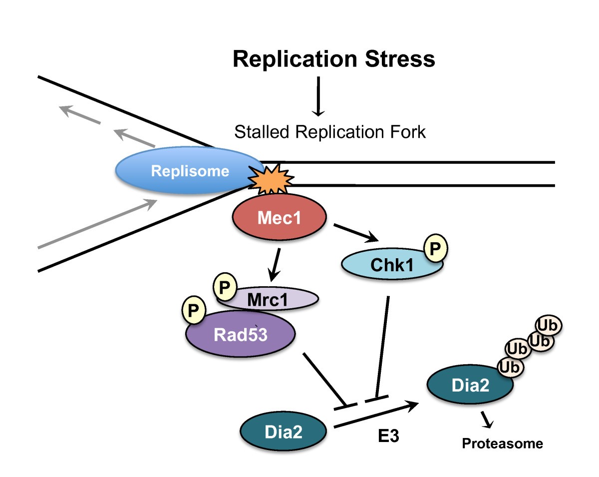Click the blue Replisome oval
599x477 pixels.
190,171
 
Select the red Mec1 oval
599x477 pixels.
279,218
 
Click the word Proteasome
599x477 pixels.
502,443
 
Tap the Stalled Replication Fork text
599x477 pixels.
329,132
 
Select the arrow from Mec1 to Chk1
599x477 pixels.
355,233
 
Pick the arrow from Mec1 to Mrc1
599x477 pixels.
275,265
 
